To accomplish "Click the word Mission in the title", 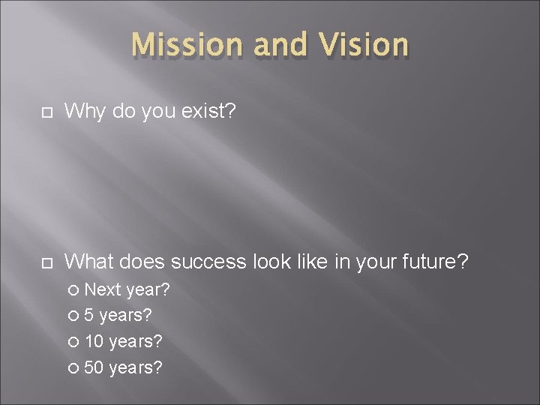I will pos(187,45).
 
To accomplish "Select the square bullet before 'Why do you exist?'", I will pos(45,112).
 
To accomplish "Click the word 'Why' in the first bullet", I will pos(82,112).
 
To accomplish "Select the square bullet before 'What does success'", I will pos(45,262).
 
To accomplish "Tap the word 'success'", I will pos(208,262).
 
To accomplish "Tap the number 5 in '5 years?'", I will pos(90,315).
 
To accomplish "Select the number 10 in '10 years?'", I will pos(94,341).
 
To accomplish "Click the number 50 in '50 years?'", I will pos(94,367).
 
